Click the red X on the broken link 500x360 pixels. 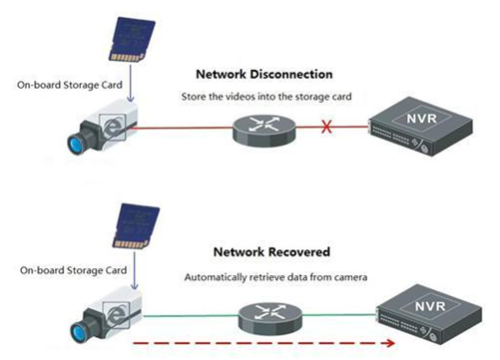[x=326, y=127]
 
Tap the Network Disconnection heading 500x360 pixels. [x=264, y=74]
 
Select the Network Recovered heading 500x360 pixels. [x=271, y=251]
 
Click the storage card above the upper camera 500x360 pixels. [x=132, y=40]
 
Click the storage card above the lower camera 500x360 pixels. [x=136, y=226]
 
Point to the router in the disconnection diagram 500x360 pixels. [x=264, y=131]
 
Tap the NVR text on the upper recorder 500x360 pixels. [x=421, y=119]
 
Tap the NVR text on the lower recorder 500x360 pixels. [x=430, y=306]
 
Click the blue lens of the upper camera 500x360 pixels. [x=76, y=145]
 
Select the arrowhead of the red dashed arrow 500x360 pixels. [x=390, y=343]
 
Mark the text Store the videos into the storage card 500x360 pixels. [x=266, y=97]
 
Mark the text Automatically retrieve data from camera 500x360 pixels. [x=275, y=277]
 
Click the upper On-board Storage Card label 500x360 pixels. [x=70, y=85]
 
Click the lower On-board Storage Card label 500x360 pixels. [x=73, y=270]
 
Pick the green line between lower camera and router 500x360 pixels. [x=191, y=316]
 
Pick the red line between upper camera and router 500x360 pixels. [x=183, y=128]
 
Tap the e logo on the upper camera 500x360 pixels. [x=112, y=127]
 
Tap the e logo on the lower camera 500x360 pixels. [x=116, y=315]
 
